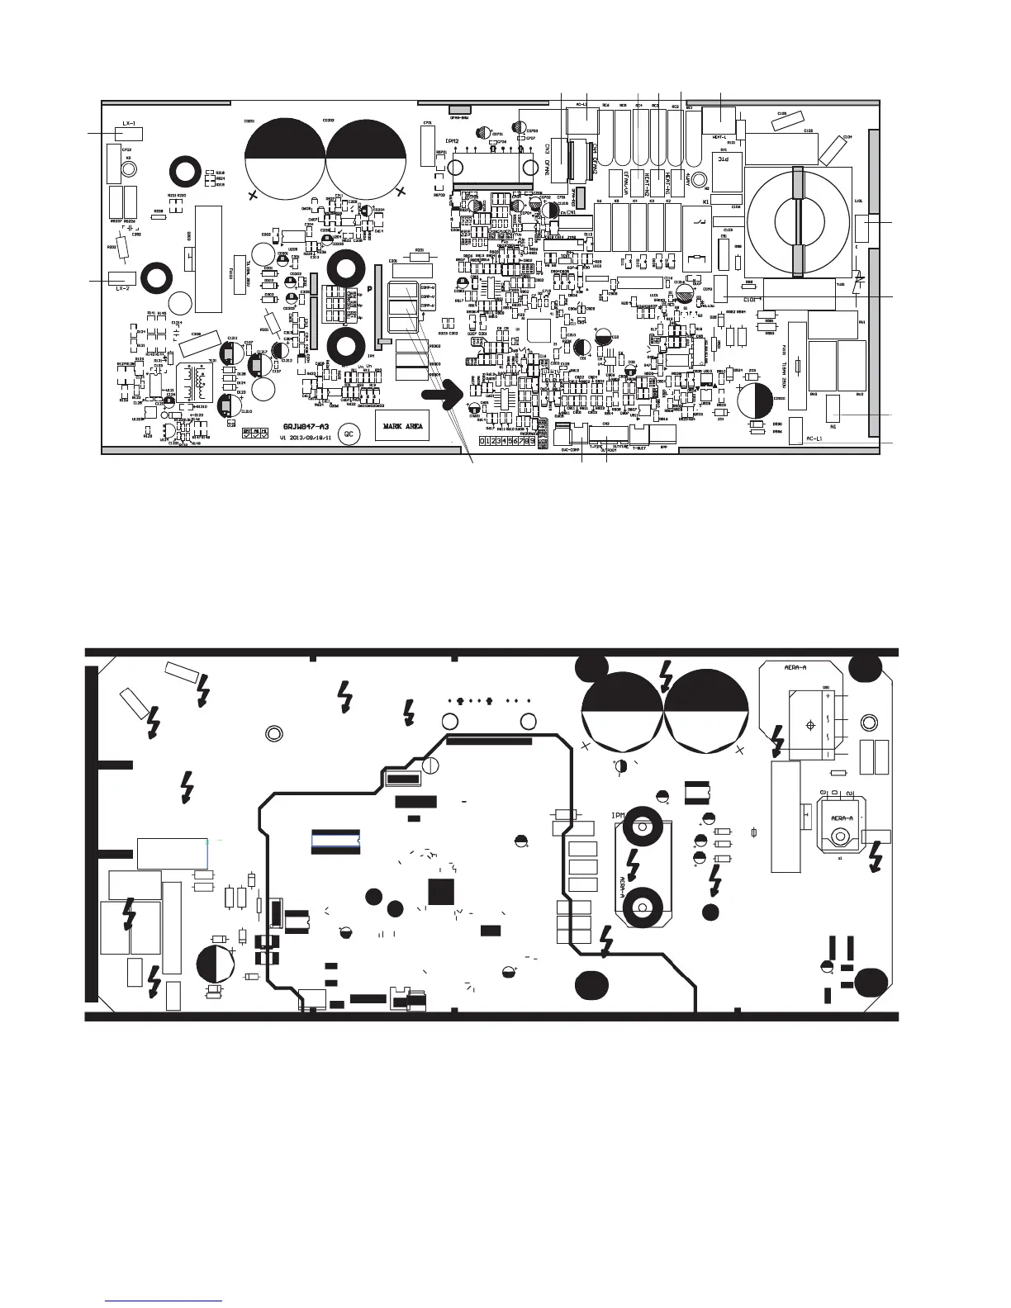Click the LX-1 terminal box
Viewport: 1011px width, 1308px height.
[127, 132]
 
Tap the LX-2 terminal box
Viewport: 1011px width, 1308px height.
[122, 281]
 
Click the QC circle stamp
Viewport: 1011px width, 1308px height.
[349, 432]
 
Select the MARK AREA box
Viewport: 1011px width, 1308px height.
[402, 427]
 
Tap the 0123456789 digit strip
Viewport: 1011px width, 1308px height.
[506, 442]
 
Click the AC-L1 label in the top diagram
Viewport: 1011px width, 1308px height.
[580, 105]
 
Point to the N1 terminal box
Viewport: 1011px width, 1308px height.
[833, 406]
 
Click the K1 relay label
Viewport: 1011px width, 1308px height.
[706, 201]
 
